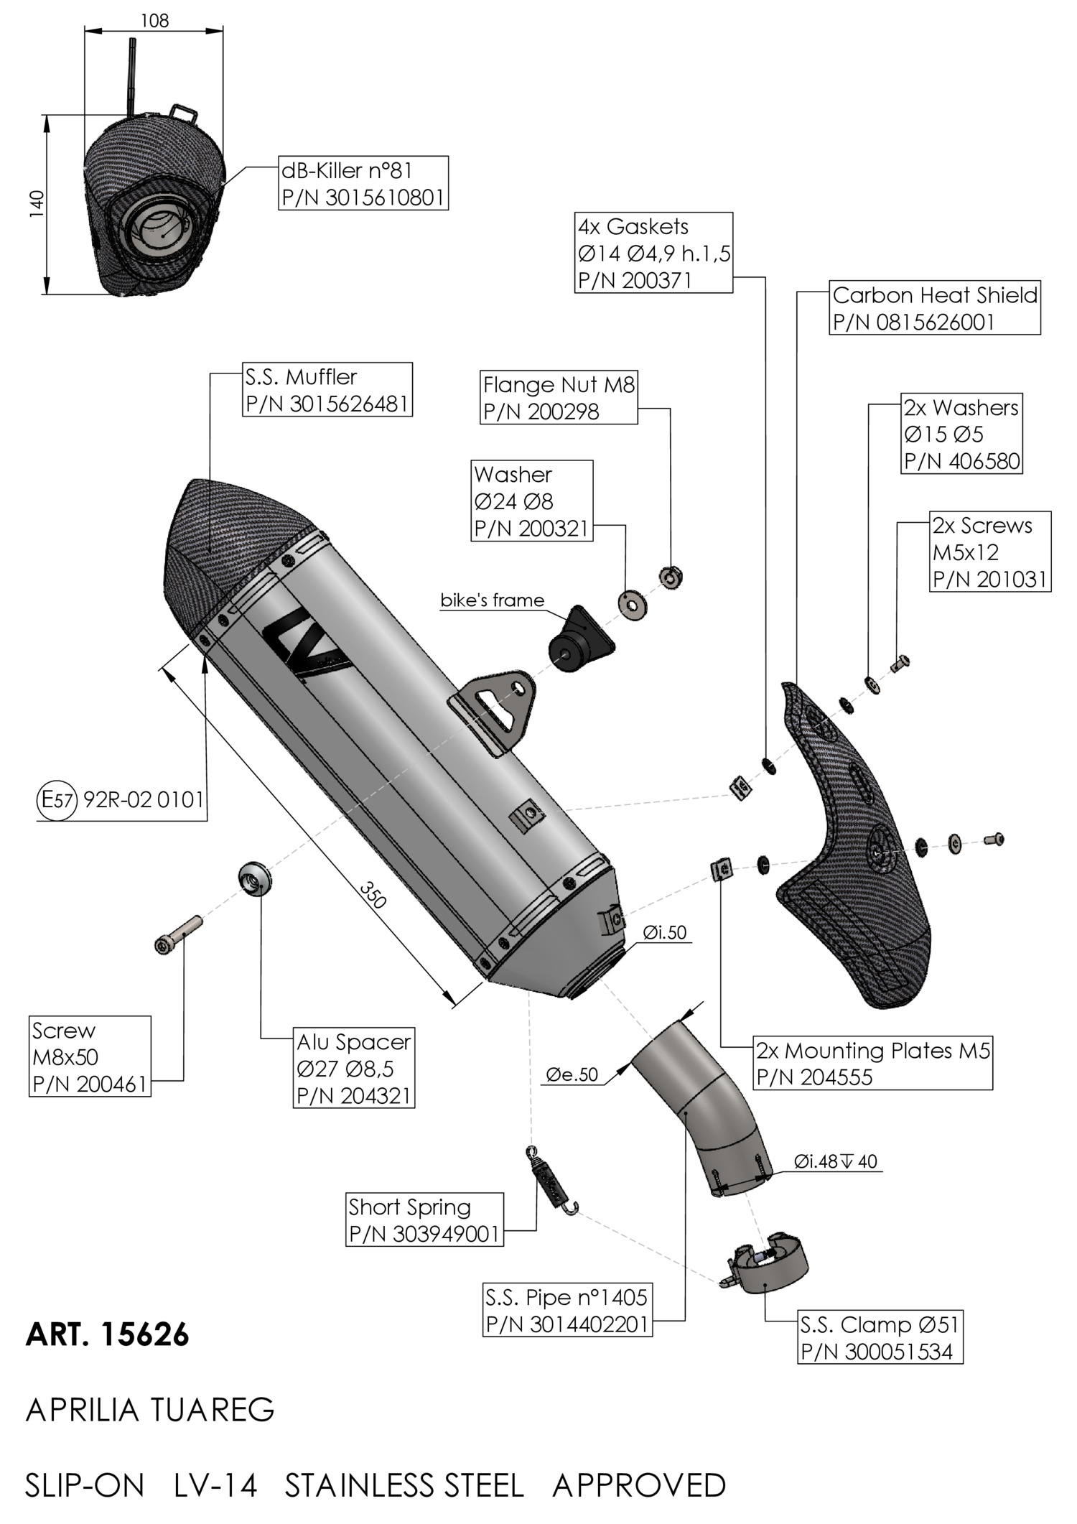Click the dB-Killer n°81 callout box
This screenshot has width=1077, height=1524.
[363, 183]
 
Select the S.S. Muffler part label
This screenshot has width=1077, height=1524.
[327, 390]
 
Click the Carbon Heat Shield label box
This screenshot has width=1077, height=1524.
[935, 307]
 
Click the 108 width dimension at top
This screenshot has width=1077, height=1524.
[154, 21]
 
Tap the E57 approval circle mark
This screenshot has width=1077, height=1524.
[55, 799]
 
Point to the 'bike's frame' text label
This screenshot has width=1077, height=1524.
[492, 600]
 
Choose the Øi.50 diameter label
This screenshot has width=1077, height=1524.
[665, 932]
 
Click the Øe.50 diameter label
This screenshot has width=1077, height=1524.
[572, 1074]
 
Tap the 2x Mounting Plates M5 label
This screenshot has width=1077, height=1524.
[872, 1064]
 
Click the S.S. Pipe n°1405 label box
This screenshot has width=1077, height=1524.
[567, 1311]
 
